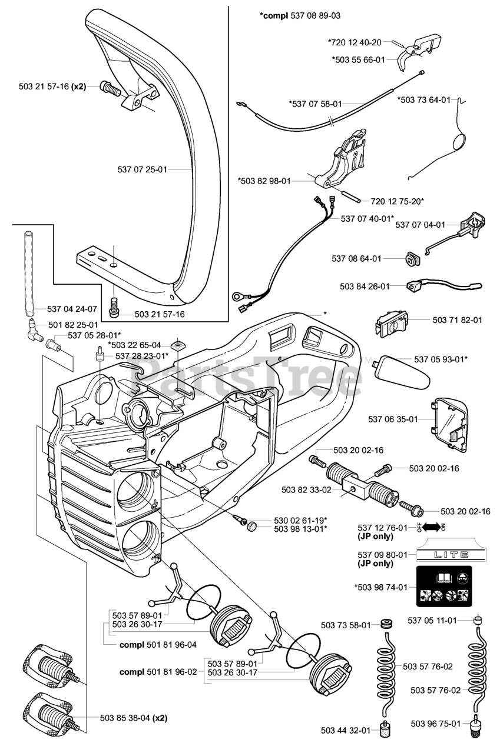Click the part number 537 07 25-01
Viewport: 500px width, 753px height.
click(x=143, y=169)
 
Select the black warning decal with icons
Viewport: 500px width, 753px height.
click(x=444, y=587)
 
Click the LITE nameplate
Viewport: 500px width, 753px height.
click(x=443, y=554)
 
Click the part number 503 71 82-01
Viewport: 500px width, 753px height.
click(x=457, y=320)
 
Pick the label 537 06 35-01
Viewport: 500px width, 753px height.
click(x=393, y=419)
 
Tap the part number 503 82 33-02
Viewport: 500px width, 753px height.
click(x=307, y=489)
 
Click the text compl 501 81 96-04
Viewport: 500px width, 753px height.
click(x=158, y=645)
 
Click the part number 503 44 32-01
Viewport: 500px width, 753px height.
click(x=346, y=731)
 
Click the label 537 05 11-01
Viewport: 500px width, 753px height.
click(x=433, y=620)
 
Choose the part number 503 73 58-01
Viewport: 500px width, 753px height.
click(x=346, y=625)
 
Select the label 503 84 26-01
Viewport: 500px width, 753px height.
click(x=365, y=286)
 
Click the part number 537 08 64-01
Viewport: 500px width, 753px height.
click(x=356, y=258)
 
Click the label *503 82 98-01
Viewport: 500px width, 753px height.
click(x=264, y=181)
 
